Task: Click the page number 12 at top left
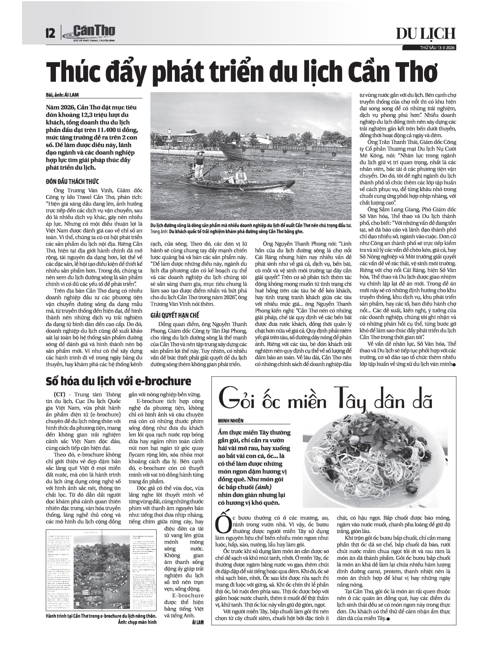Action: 50,33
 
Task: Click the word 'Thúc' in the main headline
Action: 74,72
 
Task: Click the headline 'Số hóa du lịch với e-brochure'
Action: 119,381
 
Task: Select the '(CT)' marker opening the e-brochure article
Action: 60,395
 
